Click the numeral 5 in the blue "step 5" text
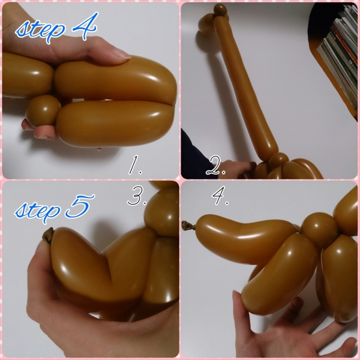click(80, 206)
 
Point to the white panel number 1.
click(135, 165)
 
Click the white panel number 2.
click(216, 166)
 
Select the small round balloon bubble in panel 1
click(43, 110)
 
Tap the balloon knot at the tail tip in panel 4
click(188, 225)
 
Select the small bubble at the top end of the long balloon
click(220, 10)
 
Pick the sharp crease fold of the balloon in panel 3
click(107, 266)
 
